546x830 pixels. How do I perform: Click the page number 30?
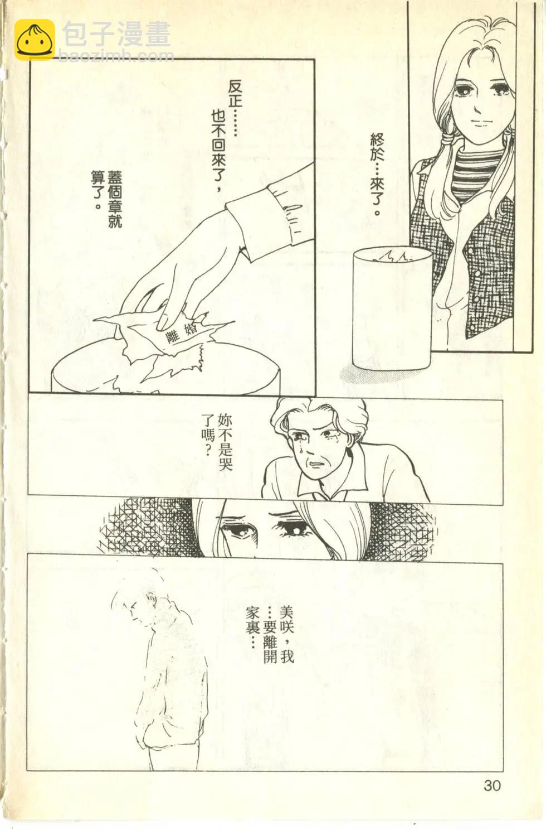(x=492, y=785)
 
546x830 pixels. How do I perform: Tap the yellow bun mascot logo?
(x=35, y=40)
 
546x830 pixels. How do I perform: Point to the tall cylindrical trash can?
(x=392, y=308)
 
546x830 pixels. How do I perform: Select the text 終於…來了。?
(x=377, y=175)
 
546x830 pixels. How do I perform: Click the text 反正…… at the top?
(x=235, y=108)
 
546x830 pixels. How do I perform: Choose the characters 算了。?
(x=97, y=190)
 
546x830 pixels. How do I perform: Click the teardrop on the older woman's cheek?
(x=302, y=450)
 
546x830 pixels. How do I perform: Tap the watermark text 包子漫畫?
(x=116, y=34)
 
